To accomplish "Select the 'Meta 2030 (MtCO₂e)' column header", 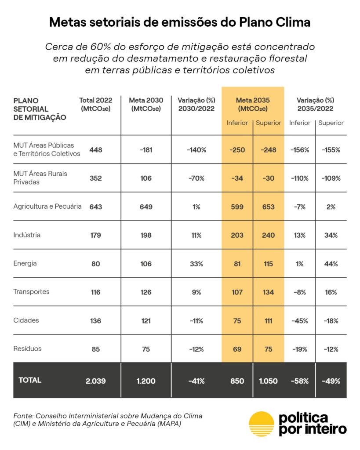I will coord(146,104).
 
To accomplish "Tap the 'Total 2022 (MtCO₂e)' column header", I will coord(96,104).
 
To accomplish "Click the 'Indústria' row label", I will coord(27,235).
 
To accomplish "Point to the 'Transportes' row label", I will coord(31,292).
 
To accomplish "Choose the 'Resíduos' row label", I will coord(28,349).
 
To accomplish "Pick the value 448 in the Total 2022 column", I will coord(96,150).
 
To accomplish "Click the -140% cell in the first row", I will coord(196,150).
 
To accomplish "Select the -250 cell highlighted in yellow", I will coord(237,150).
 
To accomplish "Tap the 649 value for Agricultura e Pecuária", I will coord(146,207).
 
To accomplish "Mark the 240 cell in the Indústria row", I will coord(268,235).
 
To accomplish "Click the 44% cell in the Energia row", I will coord(331,264).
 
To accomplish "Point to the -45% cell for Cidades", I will coord(300,321).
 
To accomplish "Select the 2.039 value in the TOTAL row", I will coord(96,381).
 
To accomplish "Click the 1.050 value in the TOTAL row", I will coord(268,381).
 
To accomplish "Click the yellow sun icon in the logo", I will coord(262,424).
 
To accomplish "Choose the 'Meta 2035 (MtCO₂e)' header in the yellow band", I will coord(253,104).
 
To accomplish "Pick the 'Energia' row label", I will coord(25,264).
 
